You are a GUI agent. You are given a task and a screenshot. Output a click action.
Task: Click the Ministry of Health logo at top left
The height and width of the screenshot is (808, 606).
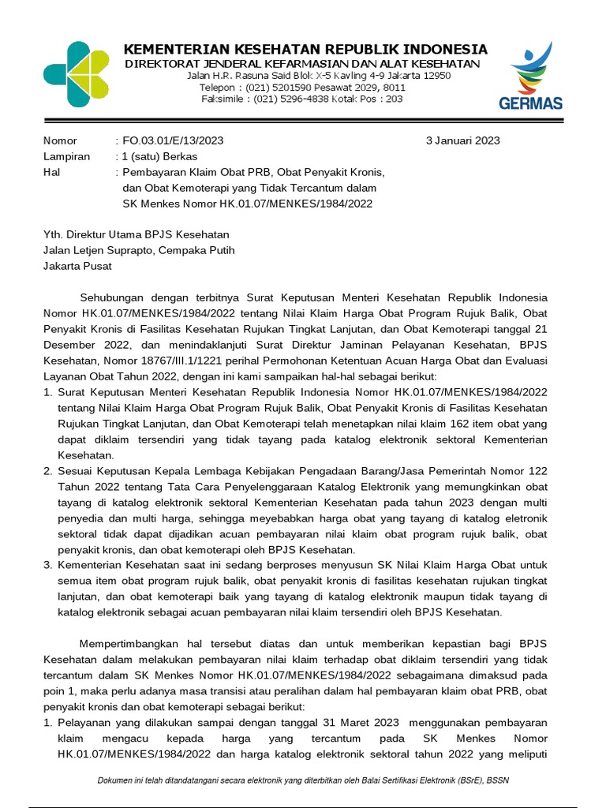click(x=76, y=74)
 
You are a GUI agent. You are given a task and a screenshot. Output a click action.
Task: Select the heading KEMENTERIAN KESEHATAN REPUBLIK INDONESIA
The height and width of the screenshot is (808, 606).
click(x=305, y=49)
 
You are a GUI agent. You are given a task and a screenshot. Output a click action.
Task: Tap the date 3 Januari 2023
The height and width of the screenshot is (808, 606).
click(x=462, y=140)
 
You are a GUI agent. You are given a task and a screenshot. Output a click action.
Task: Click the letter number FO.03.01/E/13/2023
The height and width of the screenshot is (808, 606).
click(x=172, y=140)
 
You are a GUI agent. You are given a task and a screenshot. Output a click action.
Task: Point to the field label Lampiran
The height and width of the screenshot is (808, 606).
click(x=66, y=156)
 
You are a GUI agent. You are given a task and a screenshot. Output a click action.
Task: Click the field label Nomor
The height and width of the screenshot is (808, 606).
click(x=60, y=140)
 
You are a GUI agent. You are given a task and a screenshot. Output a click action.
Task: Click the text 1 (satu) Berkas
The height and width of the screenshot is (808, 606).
click(x=160, y=156)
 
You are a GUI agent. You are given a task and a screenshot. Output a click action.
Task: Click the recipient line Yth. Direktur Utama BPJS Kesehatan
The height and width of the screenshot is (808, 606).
click(x=136, y=234)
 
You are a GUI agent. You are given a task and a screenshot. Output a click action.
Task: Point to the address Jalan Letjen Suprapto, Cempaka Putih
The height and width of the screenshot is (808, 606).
click(x=138, y=250)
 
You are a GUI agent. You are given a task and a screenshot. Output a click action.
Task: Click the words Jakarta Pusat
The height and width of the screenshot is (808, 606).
click(x=77, y=266)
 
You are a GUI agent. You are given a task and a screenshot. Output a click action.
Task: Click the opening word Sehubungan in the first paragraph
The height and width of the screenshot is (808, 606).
click(x=115, y=297)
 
